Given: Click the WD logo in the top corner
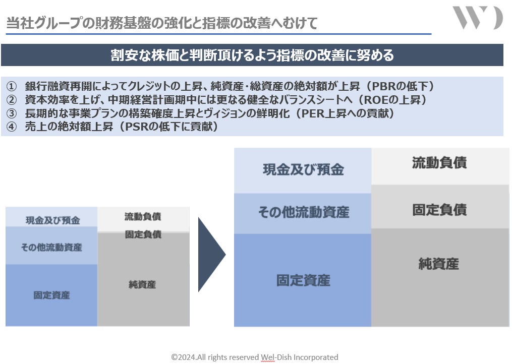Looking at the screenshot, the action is coord(477,18).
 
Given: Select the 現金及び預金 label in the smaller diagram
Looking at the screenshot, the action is coord(52,220).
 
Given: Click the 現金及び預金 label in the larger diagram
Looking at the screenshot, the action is coord(303,169).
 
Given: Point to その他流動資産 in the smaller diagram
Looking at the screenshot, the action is coord(51,247).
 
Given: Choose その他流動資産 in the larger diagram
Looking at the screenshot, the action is coord(303,212).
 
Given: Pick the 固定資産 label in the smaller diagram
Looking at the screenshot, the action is coord(51,295).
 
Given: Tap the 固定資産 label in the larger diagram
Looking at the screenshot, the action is coord(303,280).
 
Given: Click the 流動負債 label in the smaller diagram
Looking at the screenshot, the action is coord(143,217).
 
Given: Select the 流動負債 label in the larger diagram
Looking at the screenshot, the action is coord(439,162).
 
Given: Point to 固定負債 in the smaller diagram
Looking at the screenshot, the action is coord(143,234).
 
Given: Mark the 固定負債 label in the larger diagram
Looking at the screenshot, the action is coord(439,209).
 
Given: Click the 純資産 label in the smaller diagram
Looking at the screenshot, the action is coord(142,284).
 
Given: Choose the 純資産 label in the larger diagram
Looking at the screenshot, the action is coord(439,263).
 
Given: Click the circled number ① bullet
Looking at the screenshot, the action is coord(12,86).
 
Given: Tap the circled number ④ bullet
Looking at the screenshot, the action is coord(12,127).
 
